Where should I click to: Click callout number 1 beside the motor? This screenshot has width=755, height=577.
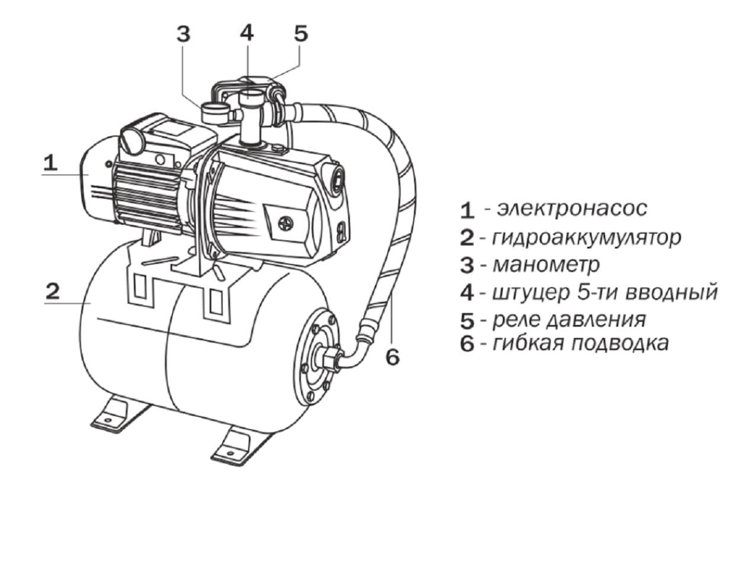51,163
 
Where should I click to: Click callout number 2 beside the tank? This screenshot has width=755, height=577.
53,291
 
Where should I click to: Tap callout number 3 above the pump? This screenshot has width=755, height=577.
184,34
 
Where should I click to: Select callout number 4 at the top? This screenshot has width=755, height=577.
246,33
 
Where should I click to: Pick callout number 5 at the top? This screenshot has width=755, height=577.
301,33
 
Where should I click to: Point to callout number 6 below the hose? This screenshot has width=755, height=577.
393,357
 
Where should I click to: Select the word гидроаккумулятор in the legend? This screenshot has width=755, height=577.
586,237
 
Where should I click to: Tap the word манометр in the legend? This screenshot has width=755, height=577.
546,265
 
